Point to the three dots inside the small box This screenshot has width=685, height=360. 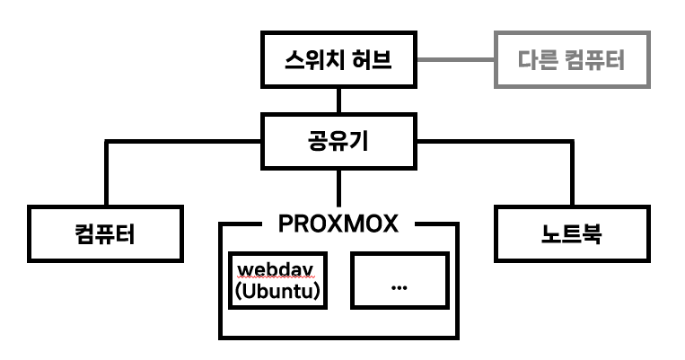[400, 286]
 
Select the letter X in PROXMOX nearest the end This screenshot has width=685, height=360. [388, 223]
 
